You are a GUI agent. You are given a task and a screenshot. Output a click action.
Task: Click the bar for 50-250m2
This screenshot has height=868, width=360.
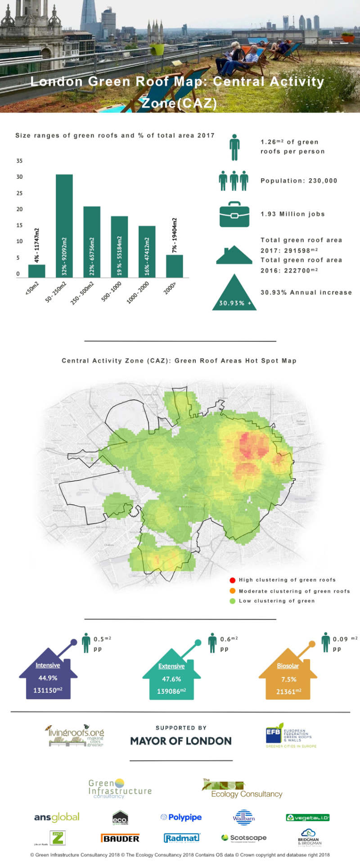coord(64,226)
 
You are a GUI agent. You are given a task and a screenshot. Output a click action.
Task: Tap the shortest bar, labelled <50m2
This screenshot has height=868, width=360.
coord(36,271)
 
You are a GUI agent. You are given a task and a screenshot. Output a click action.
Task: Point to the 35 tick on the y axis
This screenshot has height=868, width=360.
coord(19,161)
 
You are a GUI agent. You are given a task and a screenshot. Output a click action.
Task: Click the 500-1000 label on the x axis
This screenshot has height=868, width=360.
coord(112,291)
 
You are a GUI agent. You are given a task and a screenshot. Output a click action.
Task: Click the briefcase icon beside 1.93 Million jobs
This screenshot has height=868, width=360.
coord(234,214)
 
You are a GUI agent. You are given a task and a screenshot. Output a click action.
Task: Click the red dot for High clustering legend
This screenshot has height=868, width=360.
coord(232,580)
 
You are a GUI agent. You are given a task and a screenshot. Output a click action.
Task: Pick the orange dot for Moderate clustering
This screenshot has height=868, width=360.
coord(232,591)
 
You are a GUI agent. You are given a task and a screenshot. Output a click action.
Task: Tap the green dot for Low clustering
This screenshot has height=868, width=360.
coord(232,601)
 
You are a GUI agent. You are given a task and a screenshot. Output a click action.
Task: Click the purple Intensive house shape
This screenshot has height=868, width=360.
coord(48,675)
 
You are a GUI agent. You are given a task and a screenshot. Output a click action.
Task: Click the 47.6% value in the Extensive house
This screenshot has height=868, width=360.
coord(171,679)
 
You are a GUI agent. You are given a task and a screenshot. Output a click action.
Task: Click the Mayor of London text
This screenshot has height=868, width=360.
coord(180,741)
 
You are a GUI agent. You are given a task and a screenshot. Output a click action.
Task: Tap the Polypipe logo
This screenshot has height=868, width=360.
coord(181,817)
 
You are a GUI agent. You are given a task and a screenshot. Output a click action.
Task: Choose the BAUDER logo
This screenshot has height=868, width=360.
coord(120,838)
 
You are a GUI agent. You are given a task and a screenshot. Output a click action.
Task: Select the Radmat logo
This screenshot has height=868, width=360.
coord(182,838)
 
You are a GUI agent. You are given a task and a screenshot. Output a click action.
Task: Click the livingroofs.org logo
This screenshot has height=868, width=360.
coord(76,736)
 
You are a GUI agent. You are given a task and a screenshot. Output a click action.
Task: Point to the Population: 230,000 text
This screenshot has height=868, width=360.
coord(299,181)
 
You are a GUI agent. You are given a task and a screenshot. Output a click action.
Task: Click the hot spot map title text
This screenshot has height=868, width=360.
coord(179,361)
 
